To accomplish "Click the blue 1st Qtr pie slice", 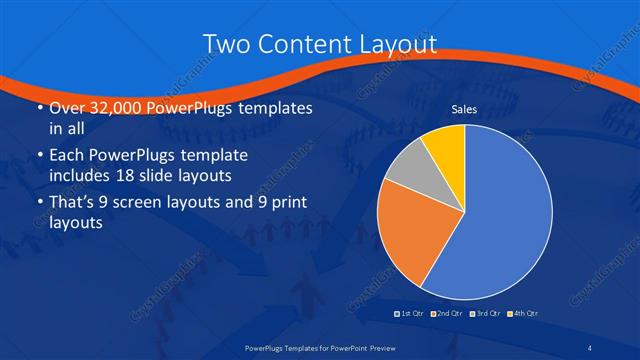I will point(505,215).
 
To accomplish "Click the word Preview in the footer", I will point(392,347).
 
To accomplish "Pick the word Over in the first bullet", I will point(65,108).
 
